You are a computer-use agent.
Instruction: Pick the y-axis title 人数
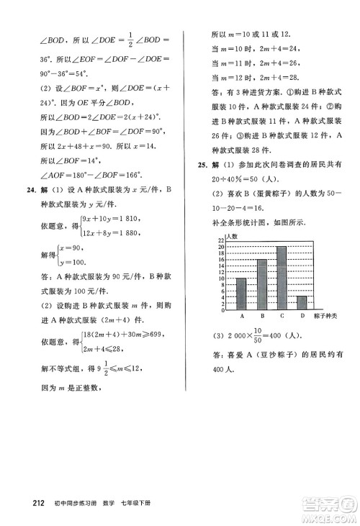click(232, 256)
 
